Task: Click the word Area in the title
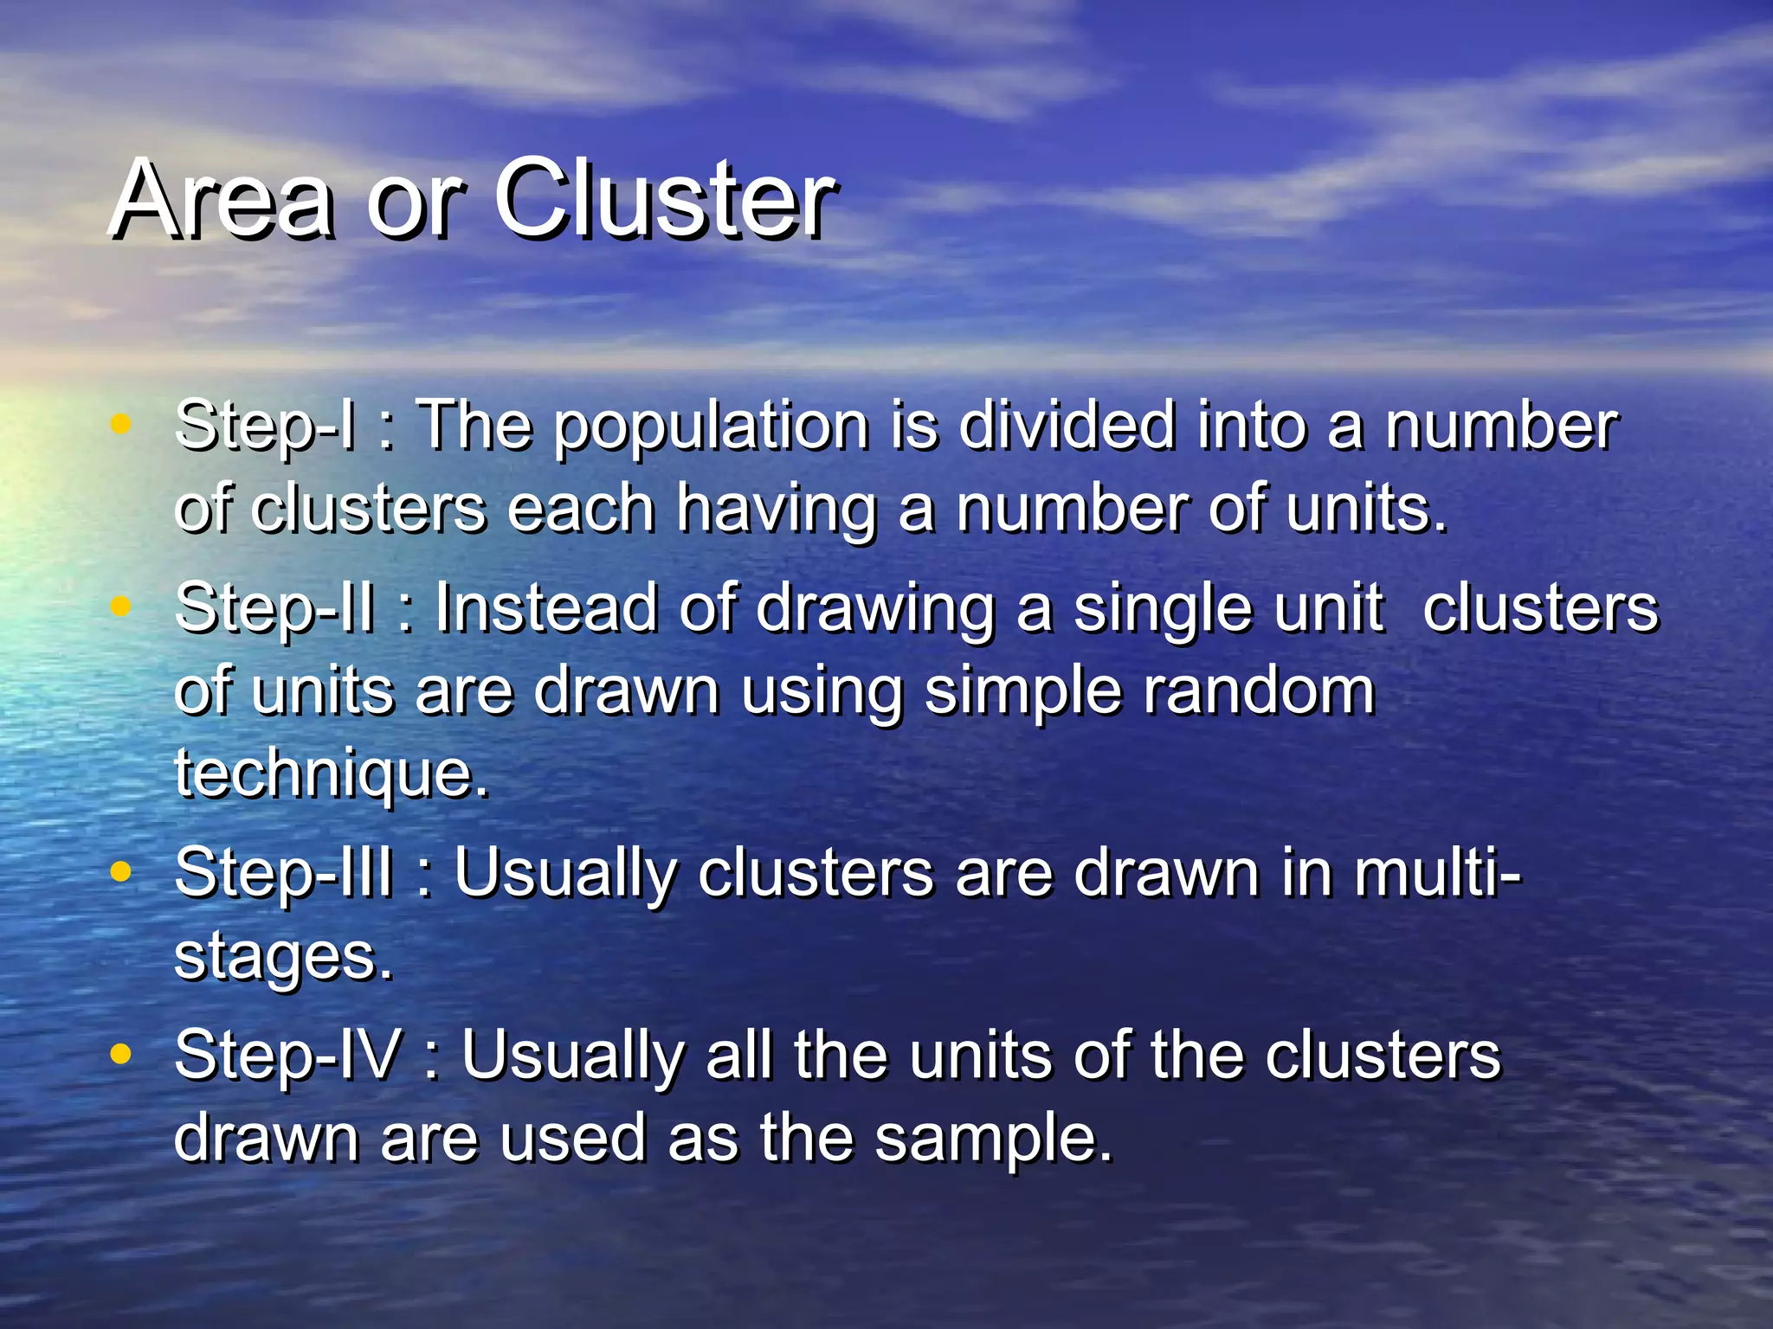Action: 222,201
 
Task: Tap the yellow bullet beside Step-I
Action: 121,424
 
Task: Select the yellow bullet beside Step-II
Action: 121,607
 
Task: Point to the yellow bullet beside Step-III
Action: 121,871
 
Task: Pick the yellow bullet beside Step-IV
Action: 121,1054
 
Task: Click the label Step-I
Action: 265,426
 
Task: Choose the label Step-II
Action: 275,608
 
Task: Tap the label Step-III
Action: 285,873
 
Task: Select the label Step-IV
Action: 288,1056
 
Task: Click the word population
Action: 711,427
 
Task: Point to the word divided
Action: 1067,426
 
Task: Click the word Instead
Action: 546,608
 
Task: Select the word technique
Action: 332,774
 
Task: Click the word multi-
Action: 1437,873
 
